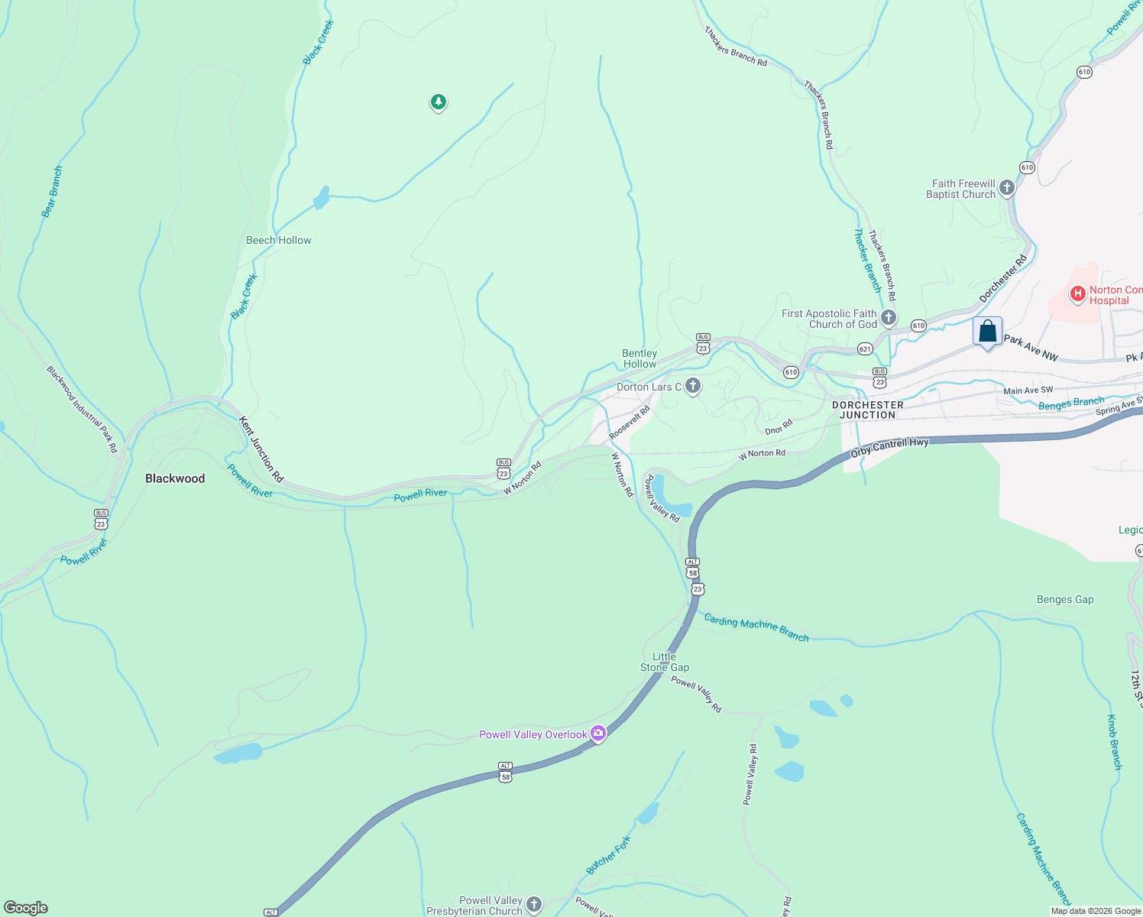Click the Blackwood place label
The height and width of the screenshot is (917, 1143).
tap(175, 478)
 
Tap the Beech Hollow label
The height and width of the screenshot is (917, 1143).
tap(278, 240)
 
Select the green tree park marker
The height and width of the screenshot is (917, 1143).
tap(438, 102)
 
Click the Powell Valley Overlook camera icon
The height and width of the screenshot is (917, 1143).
tap(598, 734)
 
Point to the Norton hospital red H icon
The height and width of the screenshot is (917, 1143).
tap(1077, 293)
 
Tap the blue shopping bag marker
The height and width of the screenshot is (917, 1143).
tap(987, 332)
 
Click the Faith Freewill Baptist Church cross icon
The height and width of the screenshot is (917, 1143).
tap(1007, 187)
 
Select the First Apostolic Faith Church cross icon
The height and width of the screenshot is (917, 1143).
tap(888, 317)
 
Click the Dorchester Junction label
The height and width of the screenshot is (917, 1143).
tap(867, 410)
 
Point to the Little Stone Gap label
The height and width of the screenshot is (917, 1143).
tap(665, 662)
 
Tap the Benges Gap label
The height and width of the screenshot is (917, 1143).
tap(1065, 599)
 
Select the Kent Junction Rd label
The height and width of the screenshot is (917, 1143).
tap(261, 449)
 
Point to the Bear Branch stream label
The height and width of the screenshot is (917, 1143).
tap(52, 192)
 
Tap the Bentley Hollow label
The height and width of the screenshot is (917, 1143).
tap(639, 358)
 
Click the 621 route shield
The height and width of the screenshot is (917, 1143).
tap(864, 348)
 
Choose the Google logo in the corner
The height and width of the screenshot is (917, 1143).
tap(25, 908)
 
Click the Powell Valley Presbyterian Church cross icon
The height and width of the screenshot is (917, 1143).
tap(534, 905)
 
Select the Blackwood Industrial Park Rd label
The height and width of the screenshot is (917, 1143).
tap(82, 409)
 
